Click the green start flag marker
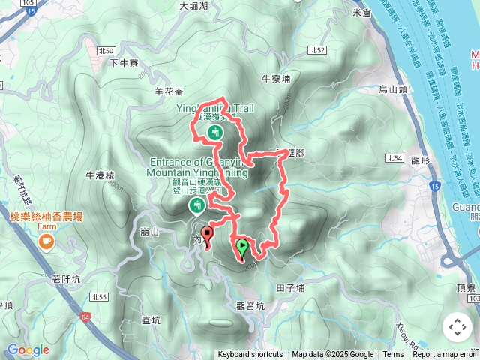241,247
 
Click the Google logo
27,349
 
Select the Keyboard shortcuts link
250,355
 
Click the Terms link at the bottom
393,355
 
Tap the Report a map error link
445,355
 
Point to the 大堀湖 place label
193,6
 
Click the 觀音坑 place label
250,305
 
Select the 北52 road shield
316,50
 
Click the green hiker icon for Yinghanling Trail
215,133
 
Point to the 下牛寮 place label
124,63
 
